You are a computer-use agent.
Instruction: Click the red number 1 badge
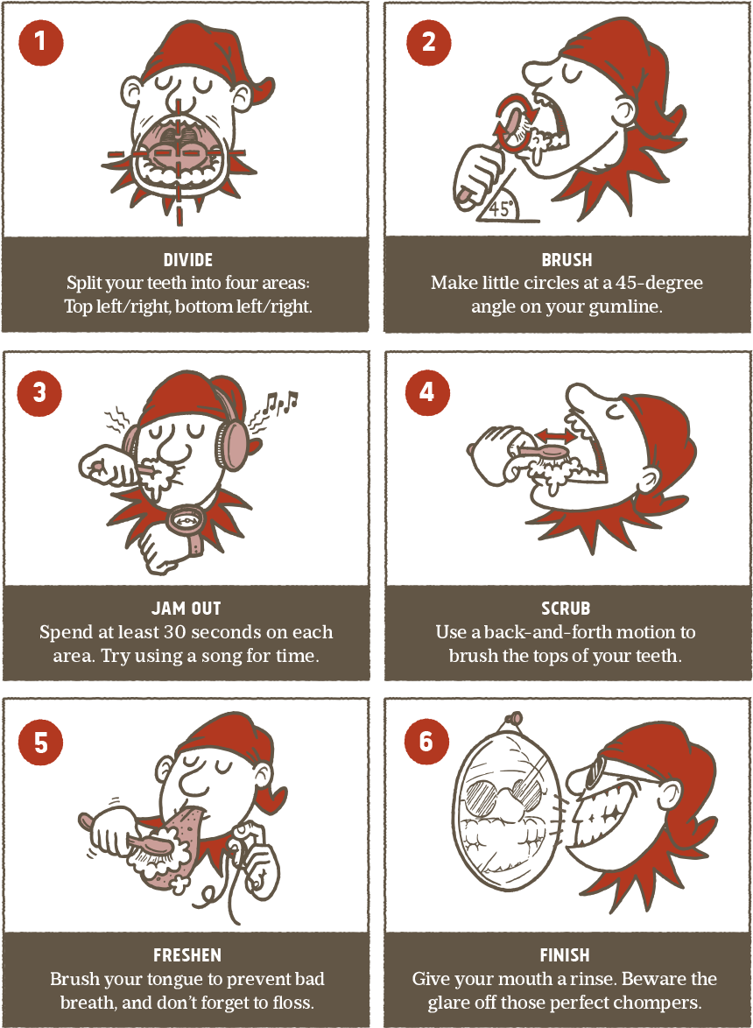click(x=40, y=42)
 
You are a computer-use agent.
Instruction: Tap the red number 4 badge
click(x=427, y=392)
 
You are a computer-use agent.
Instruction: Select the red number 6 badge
click(x=426, y=742)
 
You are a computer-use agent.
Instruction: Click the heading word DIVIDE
click(x=188, y=259)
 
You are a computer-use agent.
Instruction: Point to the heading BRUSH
click(x=567, y=259)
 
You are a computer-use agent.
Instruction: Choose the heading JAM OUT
click(x=186, y=609)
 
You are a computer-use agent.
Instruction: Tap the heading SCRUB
click(x=566, y=609)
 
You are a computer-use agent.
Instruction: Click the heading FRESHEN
click(x=187, y=955)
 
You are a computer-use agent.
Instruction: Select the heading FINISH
click(x=565, y=955)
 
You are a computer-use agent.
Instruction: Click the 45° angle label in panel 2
click(x=500, y=209)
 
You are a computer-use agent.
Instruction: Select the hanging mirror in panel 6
click(x=507, y=812)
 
